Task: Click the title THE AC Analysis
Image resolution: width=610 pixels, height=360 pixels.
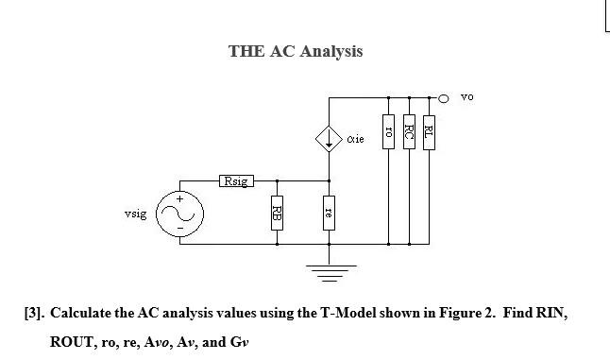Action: pyautogui.click(x=296, y=51)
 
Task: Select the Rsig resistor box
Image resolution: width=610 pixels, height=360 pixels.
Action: pyautogui.click(x=235, y=180)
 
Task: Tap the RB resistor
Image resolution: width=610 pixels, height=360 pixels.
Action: pyautogui.click(x=277, y=210)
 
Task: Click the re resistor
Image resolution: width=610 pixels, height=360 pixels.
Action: pyautogui.click(x=328, y=210)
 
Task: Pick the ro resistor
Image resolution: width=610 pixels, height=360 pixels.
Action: pyautogui.click(x=388, y=129)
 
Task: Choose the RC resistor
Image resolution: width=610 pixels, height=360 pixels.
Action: pyautogui.click(x=409, y=129)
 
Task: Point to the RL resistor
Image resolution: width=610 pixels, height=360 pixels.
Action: pyautogui.click(x=430, y=129)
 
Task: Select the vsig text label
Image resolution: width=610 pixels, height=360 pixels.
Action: pyautogui.click(x=135, y=215)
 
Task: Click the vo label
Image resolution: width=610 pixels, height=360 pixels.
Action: pyautogui.click(x=467, y=96)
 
